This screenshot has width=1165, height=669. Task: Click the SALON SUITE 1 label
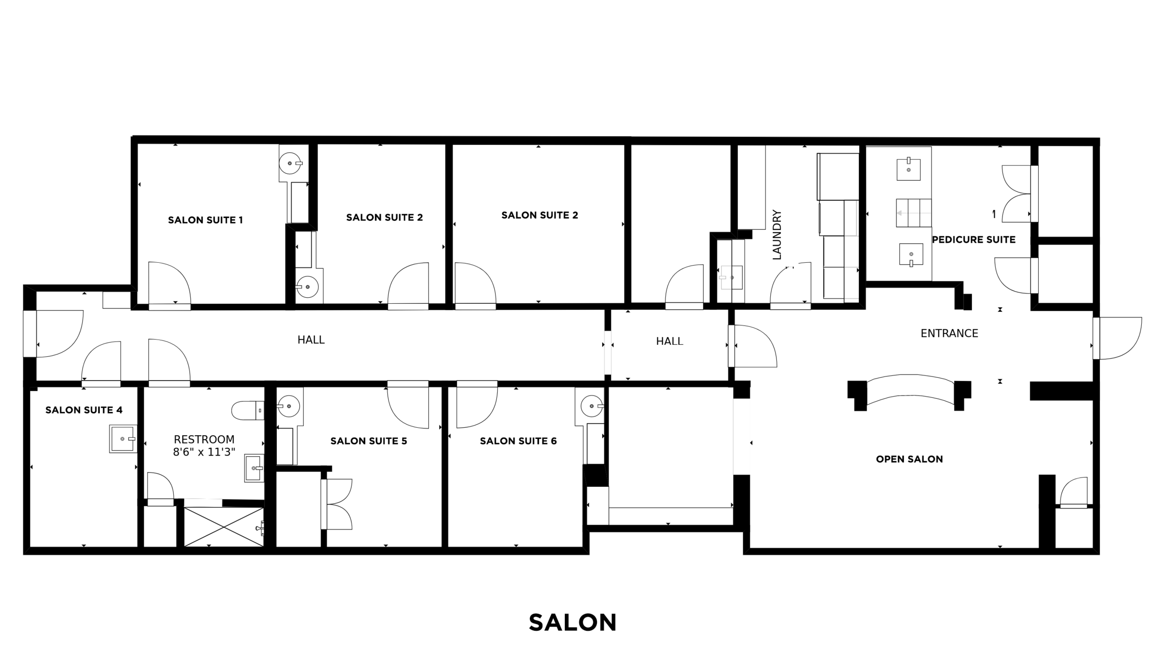(x=206, y=220)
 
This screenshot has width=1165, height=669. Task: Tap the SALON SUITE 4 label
(x=84, y=410)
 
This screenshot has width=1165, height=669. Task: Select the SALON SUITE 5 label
(x=369, y=441)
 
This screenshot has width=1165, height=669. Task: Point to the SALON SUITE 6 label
(x=518, y=441)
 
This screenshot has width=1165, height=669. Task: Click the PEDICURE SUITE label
(x=973, y=239)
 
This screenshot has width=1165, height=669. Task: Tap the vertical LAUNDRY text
(x=777, y=234)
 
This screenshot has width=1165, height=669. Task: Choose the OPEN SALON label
(x=909, y=459)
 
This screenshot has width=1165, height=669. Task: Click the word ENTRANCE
(x=949, y=333)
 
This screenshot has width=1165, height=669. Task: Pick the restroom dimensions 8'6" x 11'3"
(x=204, y=452)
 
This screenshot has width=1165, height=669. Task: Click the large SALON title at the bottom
(x=573, y=622)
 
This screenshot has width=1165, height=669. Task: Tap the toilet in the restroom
(x=248, y=410)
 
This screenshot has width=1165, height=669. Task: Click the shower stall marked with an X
(x=224, y=527)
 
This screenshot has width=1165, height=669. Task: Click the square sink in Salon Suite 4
(x=123, y=439)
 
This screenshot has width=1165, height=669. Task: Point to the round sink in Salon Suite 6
(x=592, y=406)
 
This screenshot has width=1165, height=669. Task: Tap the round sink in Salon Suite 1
(x=290, y=164)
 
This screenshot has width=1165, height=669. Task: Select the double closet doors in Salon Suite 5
(x=337, y=504)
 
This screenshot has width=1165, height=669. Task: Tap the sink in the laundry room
(x=731, y=278)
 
